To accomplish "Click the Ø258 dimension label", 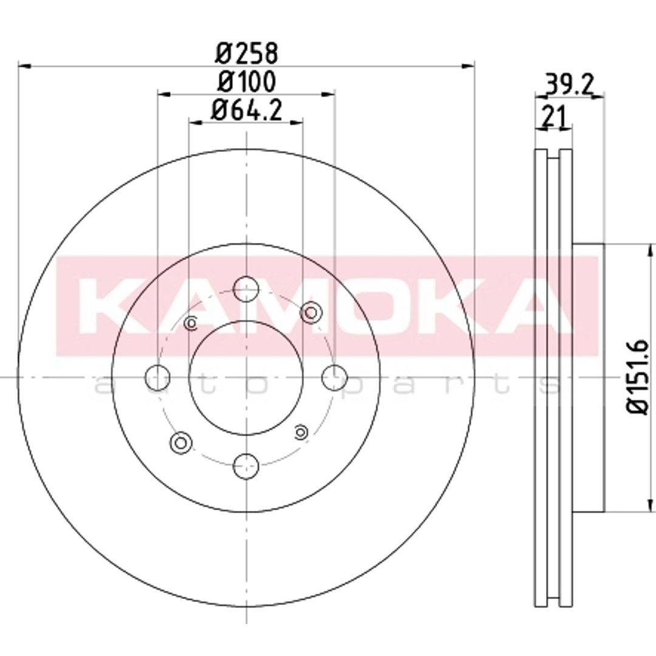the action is [x=247, y=53].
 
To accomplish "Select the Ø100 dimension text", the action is [x=247, y=81].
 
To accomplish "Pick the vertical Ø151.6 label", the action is [x=639, y=377].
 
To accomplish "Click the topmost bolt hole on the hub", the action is [x=246, y=289].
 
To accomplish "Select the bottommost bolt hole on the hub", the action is [x=246, y=466].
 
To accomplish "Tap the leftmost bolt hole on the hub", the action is [x=157, y=377].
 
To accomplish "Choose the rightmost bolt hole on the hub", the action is [x=335, y=377].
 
